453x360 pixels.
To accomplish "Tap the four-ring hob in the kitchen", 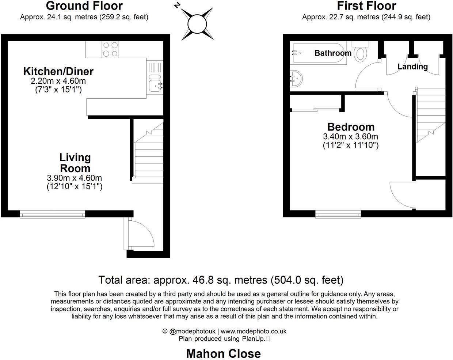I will point(110,49).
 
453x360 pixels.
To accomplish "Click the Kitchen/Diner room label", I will point(58,71).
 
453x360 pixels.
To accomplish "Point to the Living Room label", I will point(75,163).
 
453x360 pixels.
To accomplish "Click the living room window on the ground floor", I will point(53,214).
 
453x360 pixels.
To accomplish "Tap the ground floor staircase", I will point(148,157).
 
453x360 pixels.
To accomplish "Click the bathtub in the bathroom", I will point(318,53).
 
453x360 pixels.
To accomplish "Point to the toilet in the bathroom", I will point(361,53).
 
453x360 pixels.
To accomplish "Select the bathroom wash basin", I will point(297,78).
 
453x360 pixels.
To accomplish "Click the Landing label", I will point(412,67).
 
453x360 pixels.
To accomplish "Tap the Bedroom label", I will point(351,127).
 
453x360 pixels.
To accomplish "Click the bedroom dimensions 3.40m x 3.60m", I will point(350,137).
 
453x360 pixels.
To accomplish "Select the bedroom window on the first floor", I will point(338,214).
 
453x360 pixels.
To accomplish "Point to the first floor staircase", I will point(431,115).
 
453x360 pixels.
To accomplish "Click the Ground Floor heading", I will point(84,6).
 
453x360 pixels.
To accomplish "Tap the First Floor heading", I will point(366,6).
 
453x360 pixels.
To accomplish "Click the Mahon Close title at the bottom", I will point(223,353).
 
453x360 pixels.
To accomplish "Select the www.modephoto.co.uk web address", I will point(254,331).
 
